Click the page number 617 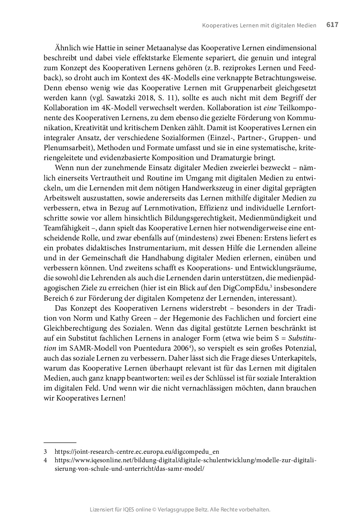332,25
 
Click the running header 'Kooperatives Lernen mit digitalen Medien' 259,26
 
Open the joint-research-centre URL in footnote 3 137,452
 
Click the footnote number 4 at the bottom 45,460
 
